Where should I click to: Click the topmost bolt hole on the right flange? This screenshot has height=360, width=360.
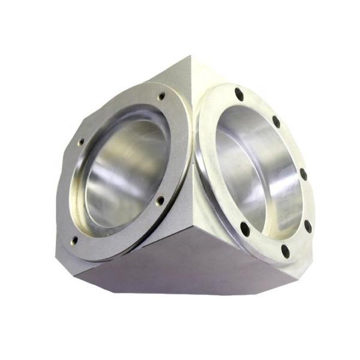(239, 94)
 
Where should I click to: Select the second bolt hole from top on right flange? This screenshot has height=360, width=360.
(276, 121)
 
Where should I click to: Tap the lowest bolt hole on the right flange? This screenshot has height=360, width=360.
(284, 252)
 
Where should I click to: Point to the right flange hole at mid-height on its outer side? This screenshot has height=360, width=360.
(303, 175)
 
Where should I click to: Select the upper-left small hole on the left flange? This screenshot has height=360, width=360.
(81, 143)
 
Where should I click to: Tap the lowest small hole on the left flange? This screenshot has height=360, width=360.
(74, 240)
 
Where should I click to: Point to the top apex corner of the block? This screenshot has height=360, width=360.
(193, 55)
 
